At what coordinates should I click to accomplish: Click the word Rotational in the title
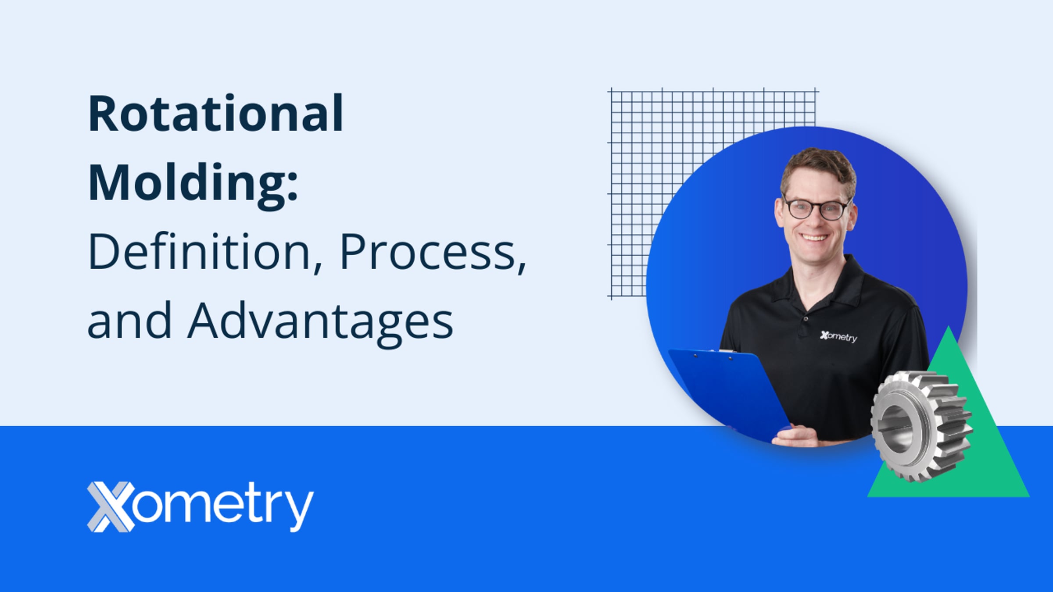tap(216, 113)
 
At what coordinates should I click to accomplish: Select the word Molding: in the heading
tap(193, 183)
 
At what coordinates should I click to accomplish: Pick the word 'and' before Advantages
tap(129, 320)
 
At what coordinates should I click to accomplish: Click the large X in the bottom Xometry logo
tap(111, 506)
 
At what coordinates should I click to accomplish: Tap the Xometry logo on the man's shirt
tap(838, 336)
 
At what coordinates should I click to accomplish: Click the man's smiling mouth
tap(814, 238)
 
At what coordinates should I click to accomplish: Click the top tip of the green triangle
tap(949, 326)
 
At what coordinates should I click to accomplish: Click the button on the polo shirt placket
tap(806, 319)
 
